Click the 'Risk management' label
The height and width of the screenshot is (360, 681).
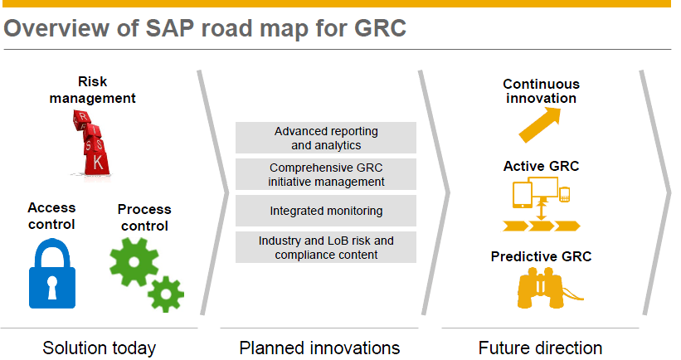tap(92, 90)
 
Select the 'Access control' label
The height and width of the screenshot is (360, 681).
tap(51, 216)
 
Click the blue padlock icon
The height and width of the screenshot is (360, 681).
tap(52, 273)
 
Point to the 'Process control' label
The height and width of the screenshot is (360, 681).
tap(144, 217)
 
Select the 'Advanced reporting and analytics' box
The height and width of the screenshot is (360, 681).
tap(326, 138)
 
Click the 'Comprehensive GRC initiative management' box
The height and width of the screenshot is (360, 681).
tap(326, 174)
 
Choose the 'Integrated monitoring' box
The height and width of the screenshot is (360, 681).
tap(326, 211)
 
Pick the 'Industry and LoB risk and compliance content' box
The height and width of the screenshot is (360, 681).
tap(326, 247)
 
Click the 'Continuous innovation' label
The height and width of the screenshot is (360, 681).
tap(541, 90)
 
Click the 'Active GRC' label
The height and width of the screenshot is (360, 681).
tap(541, 166)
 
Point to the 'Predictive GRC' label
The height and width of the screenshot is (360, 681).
tap(541, 256)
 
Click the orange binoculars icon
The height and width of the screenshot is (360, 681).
tap(543, 287)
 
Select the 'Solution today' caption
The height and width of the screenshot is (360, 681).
tap(99, 347)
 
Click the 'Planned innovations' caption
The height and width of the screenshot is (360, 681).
tap(319, 347)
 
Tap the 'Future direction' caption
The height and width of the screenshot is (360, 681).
tap(540, 347)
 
